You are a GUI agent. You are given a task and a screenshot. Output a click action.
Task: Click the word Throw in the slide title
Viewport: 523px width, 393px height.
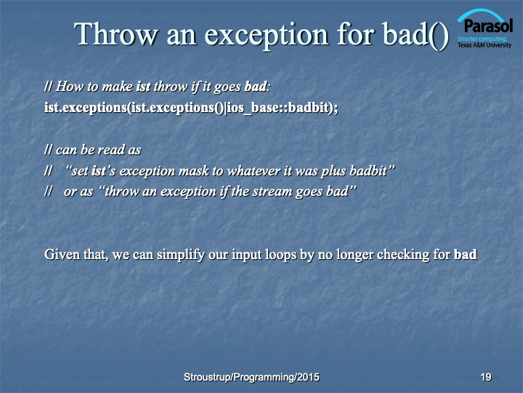coord(115,34)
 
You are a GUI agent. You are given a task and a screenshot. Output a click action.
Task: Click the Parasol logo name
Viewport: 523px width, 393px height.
coord(487,26)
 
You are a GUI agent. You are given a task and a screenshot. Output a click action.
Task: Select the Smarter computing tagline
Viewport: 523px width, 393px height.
coord(482,39)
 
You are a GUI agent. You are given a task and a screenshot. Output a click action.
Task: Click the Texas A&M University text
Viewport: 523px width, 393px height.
coord(485,45)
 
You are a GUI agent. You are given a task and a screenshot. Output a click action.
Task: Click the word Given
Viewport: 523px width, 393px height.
coord(62,254)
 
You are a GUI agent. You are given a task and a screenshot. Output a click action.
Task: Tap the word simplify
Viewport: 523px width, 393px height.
coord(181,255)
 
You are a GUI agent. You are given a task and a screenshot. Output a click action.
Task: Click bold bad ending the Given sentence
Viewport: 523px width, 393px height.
coord(466,254)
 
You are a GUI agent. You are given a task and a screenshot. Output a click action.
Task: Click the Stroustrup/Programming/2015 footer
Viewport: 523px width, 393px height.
coord(251,377)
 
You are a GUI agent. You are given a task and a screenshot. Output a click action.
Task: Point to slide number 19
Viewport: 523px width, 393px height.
coord(486,377)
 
